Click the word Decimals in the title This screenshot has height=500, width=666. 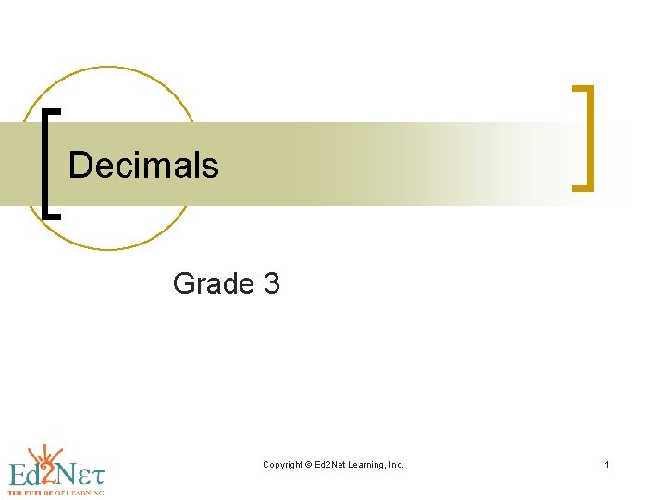click(x=143, y=166)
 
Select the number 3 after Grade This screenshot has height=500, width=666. click(x=271, y=283)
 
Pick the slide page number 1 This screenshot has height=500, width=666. click(x=607, y=464)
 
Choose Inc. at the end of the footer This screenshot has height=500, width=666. click(x=396, y=464)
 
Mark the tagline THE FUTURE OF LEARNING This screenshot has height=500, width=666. click(x=55, y=494)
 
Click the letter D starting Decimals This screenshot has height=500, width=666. click(x=80, y=166)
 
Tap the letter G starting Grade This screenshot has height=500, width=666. click(x=184, y=283)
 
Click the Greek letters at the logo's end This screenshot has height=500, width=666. click(x=93, y=476)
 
